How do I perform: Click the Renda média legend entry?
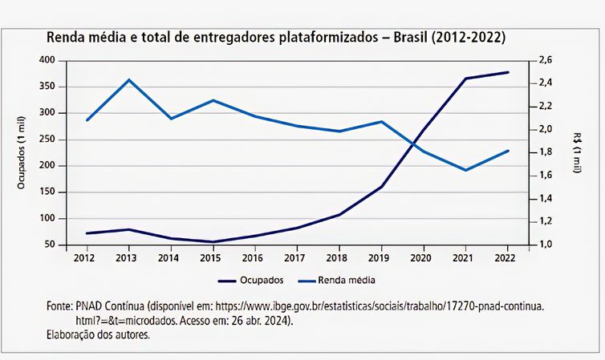pos(336,281)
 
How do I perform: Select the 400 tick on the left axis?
pos(47,60)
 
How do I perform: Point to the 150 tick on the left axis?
pos(47,192)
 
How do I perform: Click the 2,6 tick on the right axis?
pos(546,60)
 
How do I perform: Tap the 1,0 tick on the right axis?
pos(546,245)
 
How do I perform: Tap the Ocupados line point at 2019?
pos(381,186)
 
